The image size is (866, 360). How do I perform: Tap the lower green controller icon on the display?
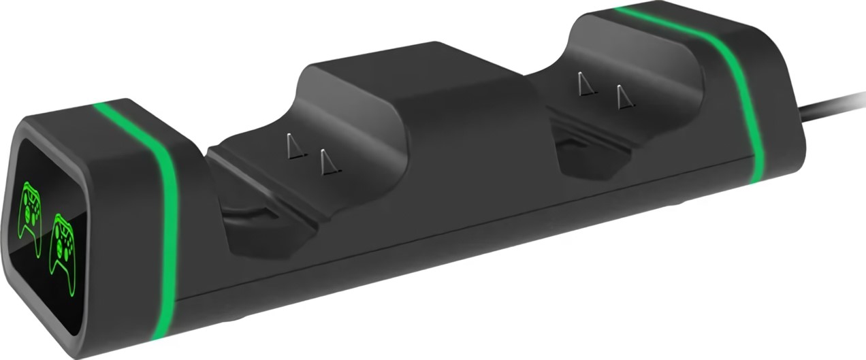click(62, 244)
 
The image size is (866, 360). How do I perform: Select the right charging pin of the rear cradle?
click(620, 97)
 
